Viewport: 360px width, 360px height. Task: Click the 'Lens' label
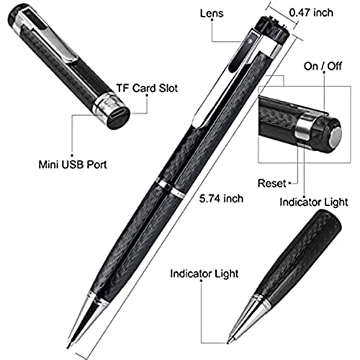tap(212, 13)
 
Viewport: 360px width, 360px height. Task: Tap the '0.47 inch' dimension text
tap(311, 12)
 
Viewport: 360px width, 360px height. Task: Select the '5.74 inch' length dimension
tap(221, 199)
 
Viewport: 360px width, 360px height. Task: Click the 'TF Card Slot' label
tap(147, 88)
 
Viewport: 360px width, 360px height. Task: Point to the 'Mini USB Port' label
tap(73, 164)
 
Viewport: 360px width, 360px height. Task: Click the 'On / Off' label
tap(323, 66)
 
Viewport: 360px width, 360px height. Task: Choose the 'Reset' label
tap(272, 183)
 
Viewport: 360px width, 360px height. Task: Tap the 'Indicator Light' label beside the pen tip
tap(204, 274)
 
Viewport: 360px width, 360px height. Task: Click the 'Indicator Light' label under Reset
tap(314, 202)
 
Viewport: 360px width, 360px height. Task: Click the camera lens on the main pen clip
tap(250, 40)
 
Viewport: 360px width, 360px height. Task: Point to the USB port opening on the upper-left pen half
tap(118, 114)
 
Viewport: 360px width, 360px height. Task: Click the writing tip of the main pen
tap(69, 346)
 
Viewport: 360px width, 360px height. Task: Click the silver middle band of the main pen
tap(171, 187)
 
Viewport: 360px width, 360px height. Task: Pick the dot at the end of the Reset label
tap(289, 183)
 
